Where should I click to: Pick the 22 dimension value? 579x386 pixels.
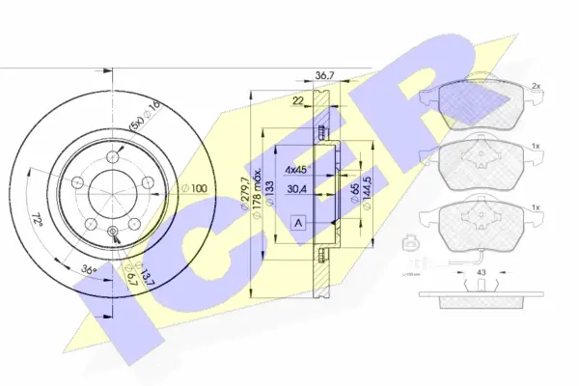click(299, 99)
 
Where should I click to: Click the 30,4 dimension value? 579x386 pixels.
click(299, 190)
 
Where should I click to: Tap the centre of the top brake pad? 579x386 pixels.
click(473, 98)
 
